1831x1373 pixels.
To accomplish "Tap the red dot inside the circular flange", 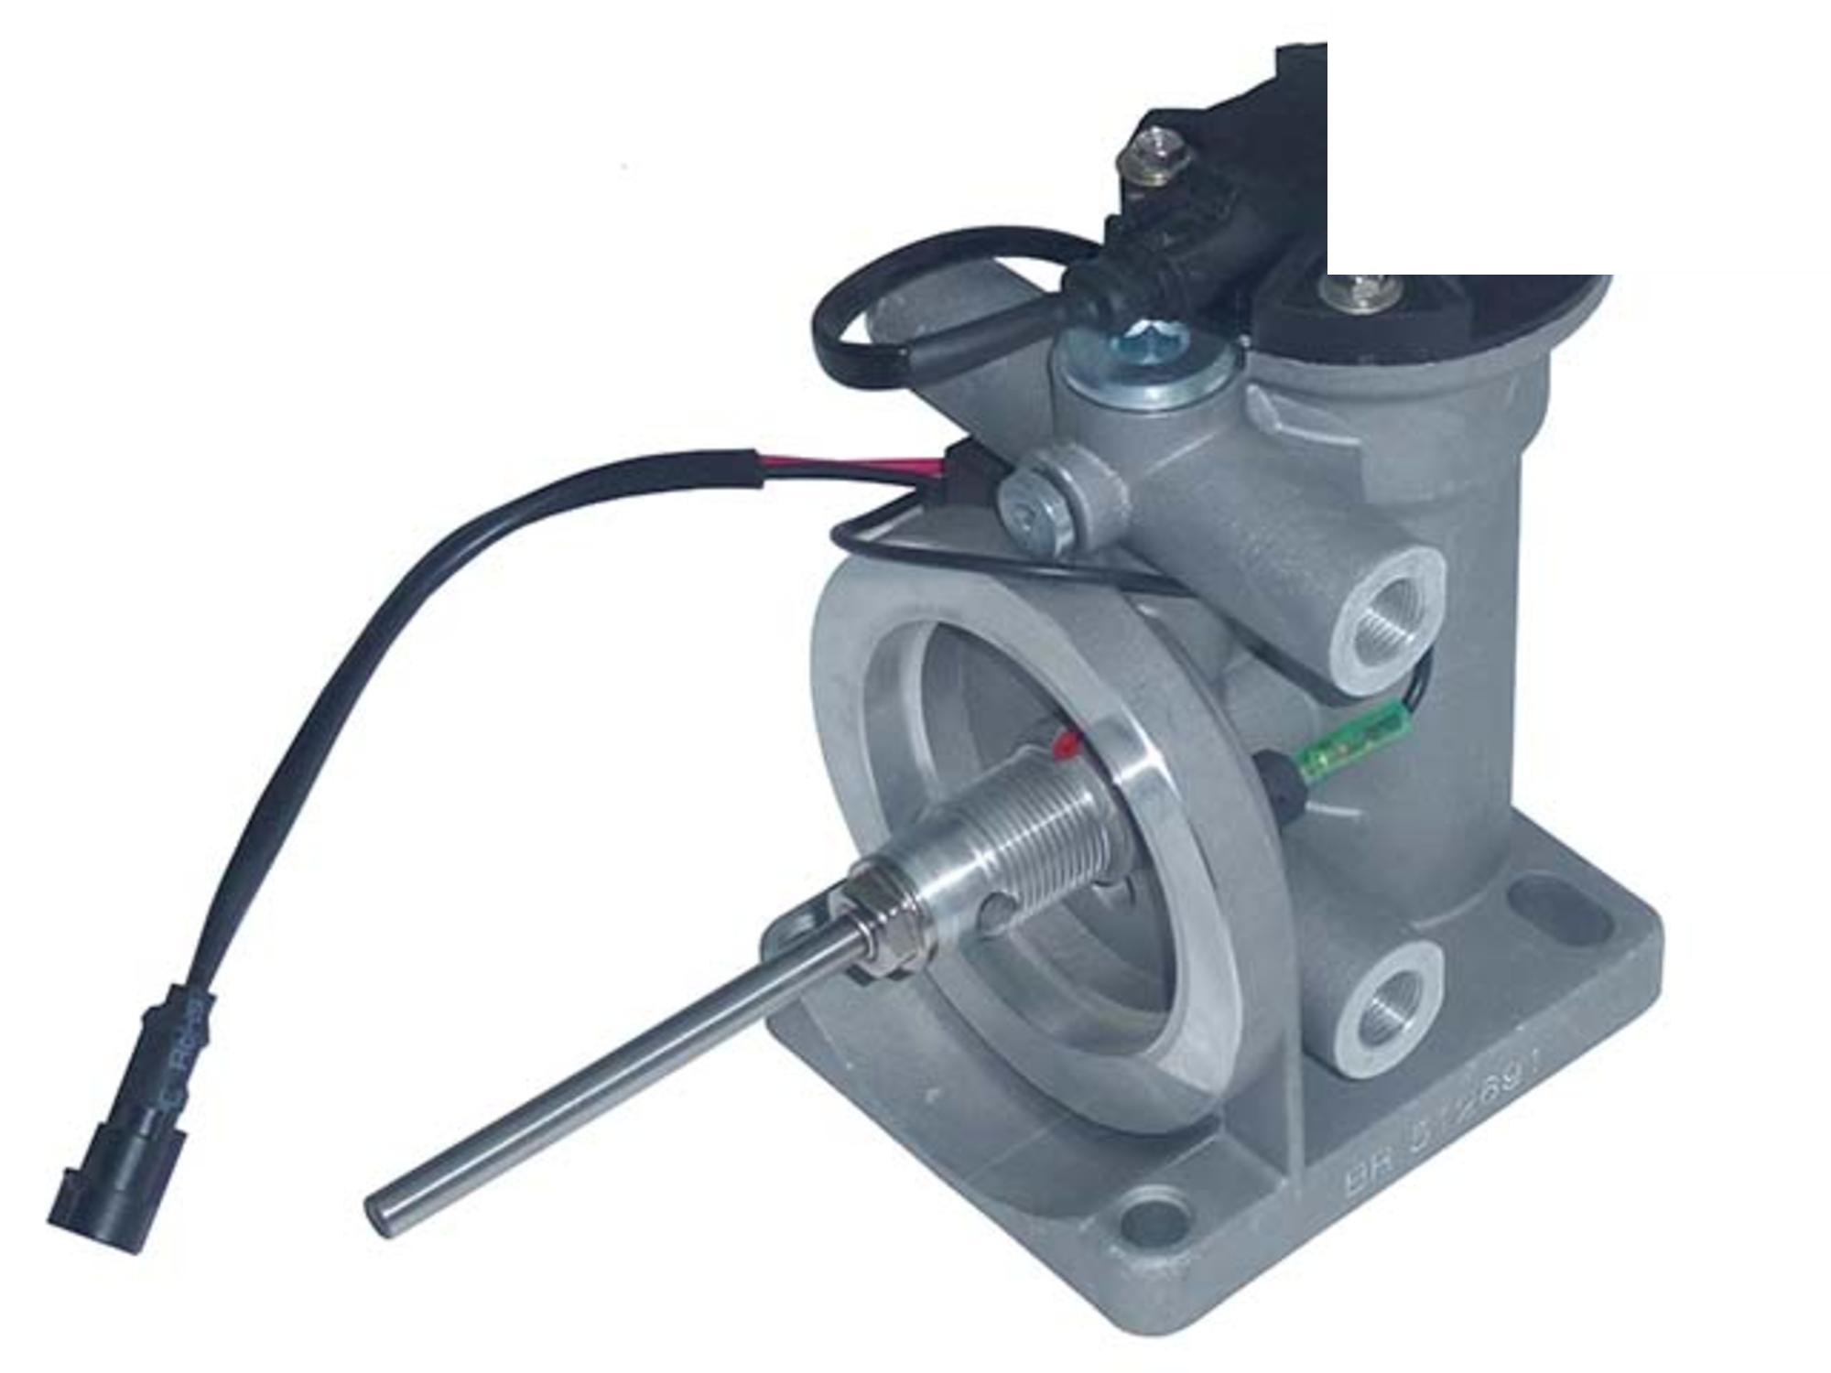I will click(1066, 742).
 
